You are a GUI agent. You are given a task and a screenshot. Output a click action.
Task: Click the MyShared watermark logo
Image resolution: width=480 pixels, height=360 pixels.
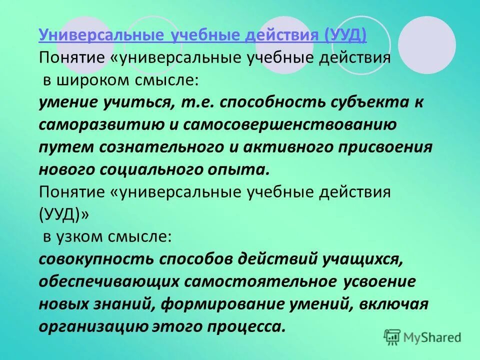(x=423, y=337)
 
